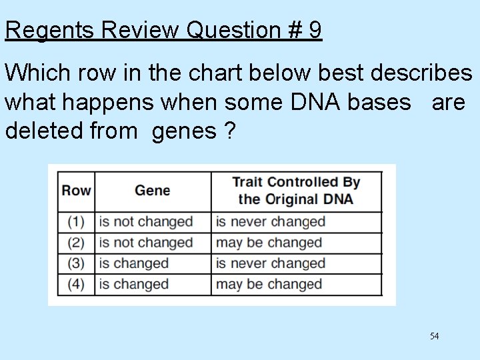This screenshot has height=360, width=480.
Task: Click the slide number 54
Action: point(434,336)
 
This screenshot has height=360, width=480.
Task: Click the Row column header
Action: point(76,191)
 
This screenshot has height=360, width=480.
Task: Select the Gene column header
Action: point(152,191)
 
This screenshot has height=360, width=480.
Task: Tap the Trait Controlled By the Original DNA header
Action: point(296,191)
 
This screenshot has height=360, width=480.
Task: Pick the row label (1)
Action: point(76,222)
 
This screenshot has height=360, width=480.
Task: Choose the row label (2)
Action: point(76,243)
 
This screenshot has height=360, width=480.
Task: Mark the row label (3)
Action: point(76,263)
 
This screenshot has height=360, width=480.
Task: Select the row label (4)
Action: point(76,284)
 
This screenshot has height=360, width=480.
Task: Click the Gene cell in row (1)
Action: point(145,222)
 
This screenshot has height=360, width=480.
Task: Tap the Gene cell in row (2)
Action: point(145,243)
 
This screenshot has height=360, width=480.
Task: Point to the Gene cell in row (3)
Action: point(133,263)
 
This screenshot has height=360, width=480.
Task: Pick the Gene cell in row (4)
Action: point(133,284)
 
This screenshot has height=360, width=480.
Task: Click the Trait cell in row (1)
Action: point(270,222)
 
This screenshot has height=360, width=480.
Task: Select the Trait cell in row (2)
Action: point(269,243)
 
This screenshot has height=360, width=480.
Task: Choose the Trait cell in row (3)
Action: point(270,263)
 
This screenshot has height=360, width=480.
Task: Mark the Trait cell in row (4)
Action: point(269,284)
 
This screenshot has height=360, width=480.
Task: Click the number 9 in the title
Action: point(315,30)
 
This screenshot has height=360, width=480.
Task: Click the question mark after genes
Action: point(229,131)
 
